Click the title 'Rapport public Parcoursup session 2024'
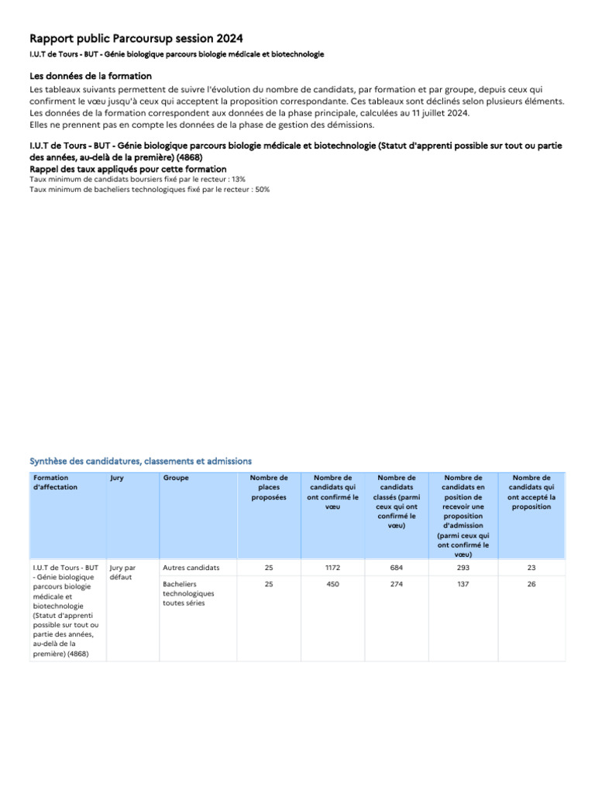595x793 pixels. [136, 39]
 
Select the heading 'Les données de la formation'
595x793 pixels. [91, 76]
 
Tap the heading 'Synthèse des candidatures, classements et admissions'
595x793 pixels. [140, 461]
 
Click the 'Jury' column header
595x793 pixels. [117, 478]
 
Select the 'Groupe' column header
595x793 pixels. [176, 478]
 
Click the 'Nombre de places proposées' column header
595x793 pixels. [269, 487]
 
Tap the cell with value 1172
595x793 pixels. [332, 568]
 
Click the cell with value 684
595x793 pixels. [397, 568]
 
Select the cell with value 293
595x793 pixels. [463, 568]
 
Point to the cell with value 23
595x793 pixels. [531, 568]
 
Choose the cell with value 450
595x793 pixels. [332, 584]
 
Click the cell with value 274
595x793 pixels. [397, 584]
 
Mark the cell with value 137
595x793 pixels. [463, 584]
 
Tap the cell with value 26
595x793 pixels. [531, 584]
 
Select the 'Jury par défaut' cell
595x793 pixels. [122, 572]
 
